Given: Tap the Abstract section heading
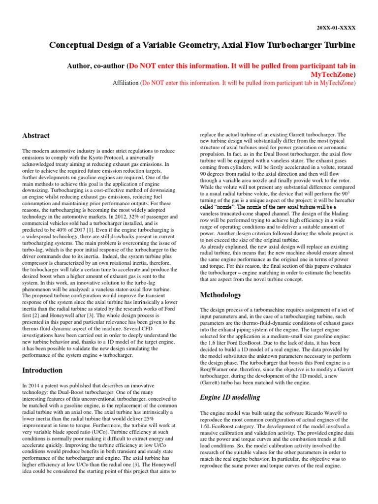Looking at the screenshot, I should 36,135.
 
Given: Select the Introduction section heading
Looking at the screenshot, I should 43,370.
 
